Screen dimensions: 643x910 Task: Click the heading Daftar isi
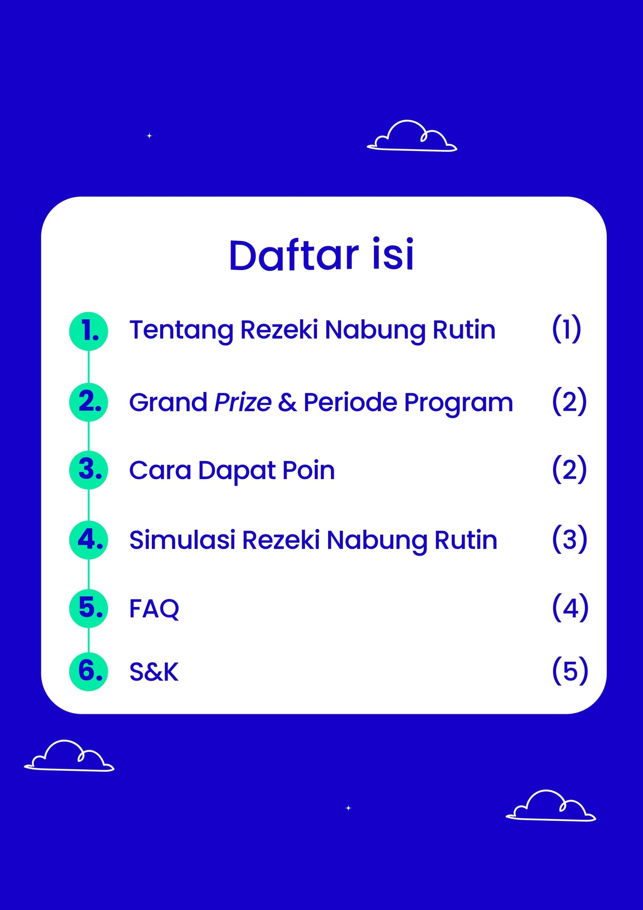click(x=322, y=255)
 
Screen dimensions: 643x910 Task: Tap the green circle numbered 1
click(x=89, y=331)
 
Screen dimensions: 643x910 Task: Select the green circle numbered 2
click(x=89, y=402)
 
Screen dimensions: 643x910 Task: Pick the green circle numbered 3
click(x=89, y=470)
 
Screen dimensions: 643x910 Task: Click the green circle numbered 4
click(x=89, y=540)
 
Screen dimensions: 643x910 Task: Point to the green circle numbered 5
click(x=89, y=608)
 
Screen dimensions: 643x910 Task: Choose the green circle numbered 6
click(x=89, y=672)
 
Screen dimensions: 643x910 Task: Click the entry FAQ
click(x=154, y=609)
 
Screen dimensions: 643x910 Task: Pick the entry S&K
click(x=154, y=672)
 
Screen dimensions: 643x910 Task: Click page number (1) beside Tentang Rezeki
click(x=567, y=328)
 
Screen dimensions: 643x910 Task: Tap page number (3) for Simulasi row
click(x=570, y=539)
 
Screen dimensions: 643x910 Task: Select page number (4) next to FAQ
click(x=570, y=607)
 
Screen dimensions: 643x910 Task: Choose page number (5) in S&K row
click(x=570, y=671)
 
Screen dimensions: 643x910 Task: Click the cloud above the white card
click(x=412, y=135)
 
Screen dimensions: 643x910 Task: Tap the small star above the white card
click(x=149, y=135)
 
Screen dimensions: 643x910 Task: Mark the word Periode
click(x=350, y=402)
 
